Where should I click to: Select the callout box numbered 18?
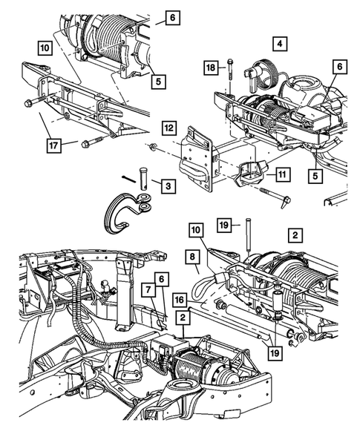211,68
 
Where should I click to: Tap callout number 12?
169,127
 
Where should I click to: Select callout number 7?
149,289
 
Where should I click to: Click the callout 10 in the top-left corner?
45,48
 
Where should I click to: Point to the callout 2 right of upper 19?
295,235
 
